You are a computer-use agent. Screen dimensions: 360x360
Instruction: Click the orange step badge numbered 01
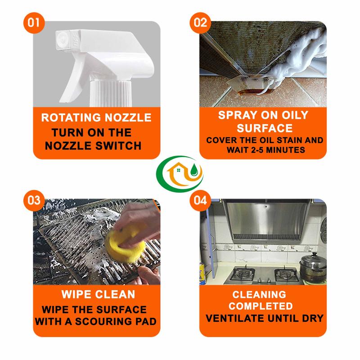(34, 23)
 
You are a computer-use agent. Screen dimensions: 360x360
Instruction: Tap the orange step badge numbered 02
(200, 23)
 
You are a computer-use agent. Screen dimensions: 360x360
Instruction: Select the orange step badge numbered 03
(34, 200)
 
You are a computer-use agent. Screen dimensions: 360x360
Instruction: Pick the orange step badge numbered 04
(200, 200)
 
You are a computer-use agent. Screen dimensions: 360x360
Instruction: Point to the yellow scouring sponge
(125, 243)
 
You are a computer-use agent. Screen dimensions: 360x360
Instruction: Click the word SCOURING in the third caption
(104, 321)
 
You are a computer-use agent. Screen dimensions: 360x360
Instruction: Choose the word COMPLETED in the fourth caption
(261, 306)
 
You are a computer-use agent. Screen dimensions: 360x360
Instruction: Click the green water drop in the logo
(194, 170)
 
